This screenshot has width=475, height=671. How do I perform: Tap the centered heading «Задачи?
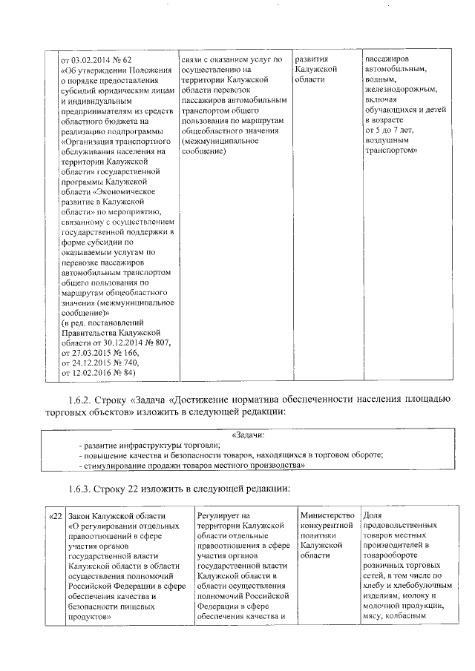point(249,434)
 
